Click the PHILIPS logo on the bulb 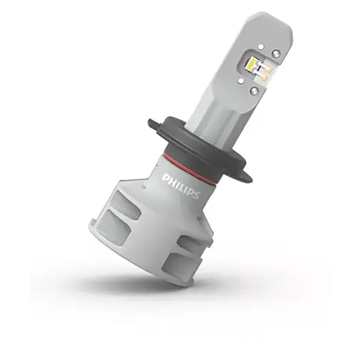(181, 186)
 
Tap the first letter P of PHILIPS (166, 178)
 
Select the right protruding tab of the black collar (246, 175)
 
